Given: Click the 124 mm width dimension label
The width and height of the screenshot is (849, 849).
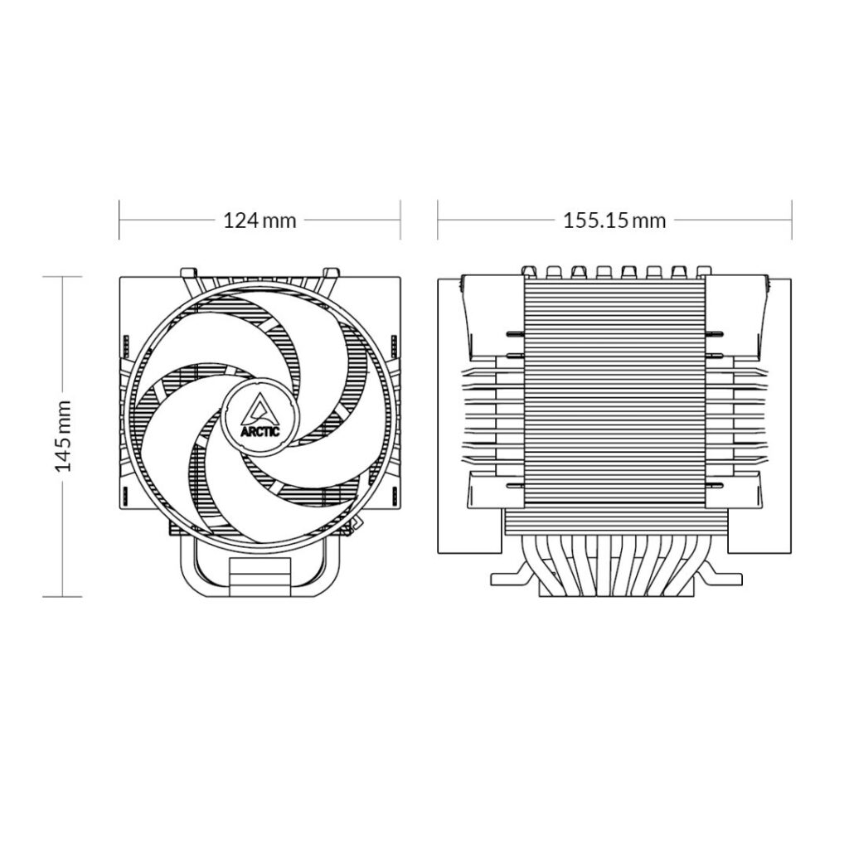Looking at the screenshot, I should [x=260, y=221].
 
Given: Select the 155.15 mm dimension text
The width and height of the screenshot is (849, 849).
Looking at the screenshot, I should [x=614, y=221].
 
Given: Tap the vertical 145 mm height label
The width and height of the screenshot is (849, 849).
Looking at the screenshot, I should [x=63, y=436].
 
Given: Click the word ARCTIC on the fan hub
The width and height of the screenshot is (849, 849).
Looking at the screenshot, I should [x=260, y=432].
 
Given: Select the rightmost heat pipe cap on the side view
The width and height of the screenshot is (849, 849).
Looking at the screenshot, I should [x=703, y=270].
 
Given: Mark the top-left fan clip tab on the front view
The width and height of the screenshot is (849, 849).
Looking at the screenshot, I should [x=190, y=271].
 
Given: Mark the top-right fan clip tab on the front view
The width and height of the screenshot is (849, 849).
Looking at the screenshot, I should [x=330, y=271].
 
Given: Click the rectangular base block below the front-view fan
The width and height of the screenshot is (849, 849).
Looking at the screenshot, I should [x=260, y=574].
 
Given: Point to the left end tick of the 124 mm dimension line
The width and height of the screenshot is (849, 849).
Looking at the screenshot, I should [x=119, y=221].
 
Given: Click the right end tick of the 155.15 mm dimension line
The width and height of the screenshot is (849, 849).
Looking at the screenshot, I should [x=792, y=221].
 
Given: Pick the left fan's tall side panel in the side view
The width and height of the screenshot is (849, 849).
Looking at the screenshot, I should [x=468, y=415].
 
